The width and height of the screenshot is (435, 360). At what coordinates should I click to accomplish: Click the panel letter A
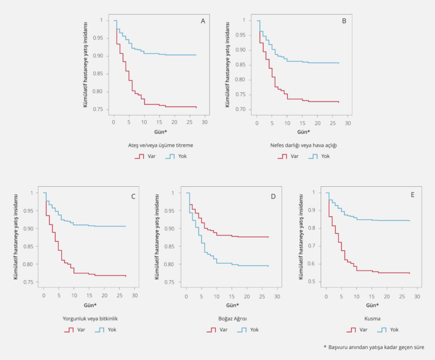tap(203, 21)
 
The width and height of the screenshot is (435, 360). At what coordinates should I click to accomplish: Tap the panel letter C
tap(133, 196)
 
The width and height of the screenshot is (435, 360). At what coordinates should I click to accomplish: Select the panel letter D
tap(273, 196)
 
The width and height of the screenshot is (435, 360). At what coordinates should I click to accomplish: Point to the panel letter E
tap(412, 194)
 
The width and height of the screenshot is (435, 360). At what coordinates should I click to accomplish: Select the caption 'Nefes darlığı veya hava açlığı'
tap(304, 145)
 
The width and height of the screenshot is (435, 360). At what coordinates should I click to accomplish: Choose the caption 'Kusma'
tap(372, 318)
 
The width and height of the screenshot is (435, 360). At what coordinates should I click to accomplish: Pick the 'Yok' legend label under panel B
tap(325, 156)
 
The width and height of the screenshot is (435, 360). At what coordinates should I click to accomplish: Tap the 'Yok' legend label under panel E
tap(394, 329)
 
